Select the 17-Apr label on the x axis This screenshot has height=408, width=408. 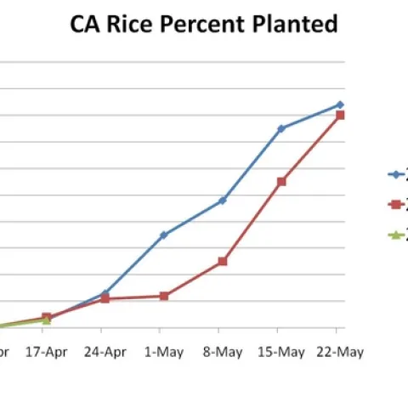47,353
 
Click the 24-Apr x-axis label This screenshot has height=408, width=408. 105,353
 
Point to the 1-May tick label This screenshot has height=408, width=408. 163,353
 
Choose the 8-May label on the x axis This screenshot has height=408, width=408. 222,353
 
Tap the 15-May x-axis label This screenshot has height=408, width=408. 280,353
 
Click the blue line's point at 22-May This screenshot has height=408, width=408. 340,105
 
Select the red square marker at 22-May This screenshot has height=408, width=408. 340,115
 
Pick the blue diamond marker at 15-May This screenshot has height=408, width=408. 281,128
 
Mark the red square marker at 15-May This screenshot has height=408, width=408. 281,181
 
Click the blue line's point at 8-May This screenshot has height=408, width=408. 223,201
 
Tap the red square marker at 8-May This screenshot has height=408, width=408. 223,261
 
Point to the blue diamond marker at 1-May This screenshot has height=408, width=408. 163,235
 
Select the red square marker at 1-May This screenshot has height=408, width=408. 163,296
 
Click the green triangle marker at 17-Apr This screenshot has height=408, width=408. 47,320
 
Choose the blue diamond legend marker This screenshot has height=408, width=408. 394,174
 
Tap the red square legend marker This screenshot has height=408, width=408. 394,204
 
